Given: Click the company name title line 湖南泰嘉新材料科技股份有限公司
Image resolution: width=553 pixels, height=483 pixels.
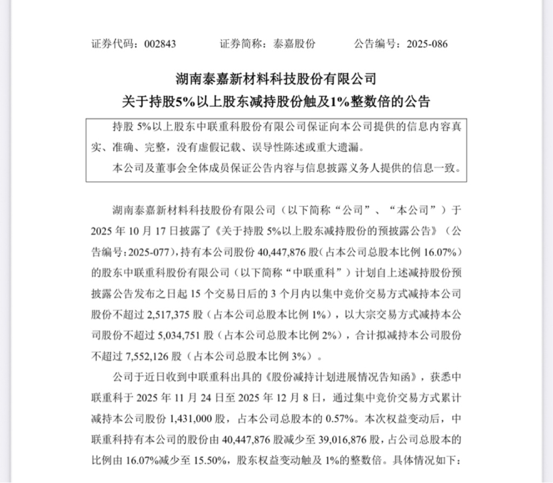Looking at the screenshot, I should (276, 79).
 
